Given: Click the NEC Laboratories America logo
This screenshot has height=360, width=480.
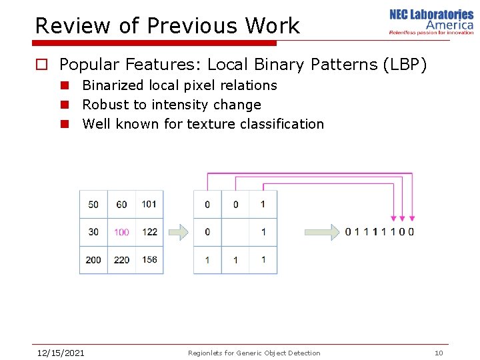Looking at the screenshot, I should coord(431,21).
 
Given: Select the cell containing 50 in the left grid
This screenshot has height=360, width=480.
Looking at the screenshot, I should coord(93,205).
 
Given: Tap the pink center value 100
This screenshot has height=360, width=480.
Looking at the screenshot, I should coord(121,232).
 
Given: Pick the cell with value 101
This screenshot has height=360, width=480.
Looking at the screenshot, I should coord(149,204).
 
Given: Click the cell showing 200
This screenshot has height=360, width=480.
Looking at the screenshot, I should coord(93,259).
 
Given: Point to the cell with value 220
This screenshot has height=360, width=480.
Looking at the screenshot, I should coord(121,259).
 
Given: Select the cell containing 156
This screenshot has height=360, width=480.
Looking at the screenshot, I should coord(149,259).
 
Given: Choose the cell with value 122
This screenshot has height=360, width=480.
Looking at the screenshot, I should coord(149,232).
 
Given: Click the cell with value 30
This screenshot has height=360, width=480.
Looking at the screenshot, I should coord(93,232).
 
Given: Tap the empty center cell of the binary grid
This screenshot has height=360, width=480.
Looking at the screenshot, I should coord(235,232).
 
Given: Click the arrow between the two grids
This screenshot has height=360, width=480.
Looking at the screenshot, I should coord(178,232).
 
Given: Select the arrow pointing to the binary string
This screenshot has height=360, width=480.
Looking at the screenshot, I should coord(321,232).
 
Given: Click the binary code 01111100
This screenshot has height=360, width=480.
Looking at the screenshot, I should coord(379,232).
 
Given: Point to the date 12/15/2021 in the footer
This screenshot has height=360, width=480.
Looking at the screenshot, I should coord(60,353).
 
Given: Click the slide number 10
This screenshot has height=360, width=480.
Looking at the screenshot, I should coord(439,353).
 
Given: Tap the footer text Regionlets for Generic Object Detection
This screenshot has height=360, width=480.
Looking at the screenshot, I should coord(254,353).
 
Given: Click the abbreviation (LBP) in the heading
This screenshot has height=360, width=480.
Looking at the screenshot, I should coord(403,65).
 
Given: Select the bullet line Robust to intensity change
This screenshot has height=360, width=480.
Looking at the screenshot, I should coord(171,105).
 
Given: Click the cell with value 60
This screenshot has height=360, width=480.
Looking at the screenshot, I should coord(121,205).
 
